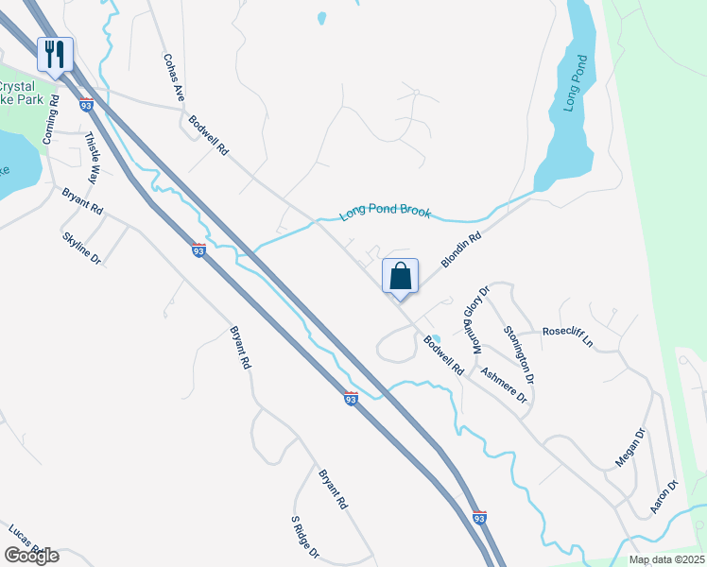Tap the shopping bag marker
pos(400,277)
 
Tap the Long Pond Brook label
pos(386,213)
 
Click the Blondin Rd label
pos(463,250)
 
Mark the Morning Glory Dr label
pos(473,317)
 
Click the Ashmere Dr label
pos(503,385)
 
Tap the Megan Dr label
pos(629,447)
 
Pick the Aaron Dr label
pos(665,497)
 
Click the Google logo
pos(31,555)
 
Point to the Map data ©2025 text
pos(665,559)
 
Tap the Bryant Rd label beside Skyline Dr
pos(82,200)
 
